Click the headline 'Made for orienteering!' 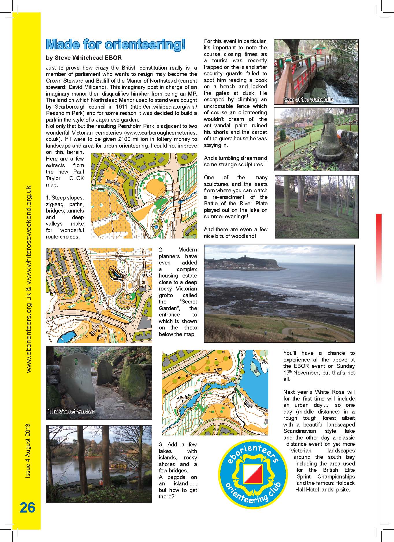pos(116,45)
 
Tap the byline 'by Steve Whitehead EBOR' pos(84,58)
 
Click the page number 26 pos(27,507)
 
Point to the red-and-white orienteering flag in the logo pos(252,474)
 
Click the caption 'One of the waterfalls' pos(308,100)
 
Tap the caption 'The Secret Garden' pos(71,411)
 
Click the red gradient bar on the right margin pos(379,248)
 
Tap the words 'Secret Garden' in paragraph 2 pos(178,305)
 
